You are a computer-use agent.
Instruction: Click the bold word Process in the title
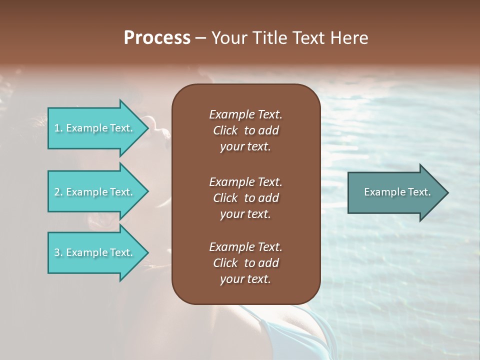pos(157,38)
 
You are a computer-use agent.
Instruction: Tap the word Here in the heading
pos(348,38)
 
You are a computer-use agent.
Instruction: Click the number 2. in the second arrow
pos(58,192)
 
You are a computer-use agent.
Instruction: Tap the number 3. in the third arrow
pos(58,252)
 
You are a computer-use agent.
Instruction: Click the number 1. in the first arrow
pos(58,128)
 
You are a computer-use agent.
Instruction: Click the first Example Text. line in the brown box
pos(245,114)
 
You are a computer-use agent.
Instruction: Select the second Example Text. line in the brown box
pos(245,181)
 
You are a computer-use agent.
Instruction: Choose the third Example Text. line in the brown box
pos(245,247)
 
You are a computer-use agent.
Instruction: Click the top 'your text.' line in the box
pos(245,147)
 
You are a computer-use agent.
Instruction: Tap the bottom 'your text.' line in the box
pos(245,279)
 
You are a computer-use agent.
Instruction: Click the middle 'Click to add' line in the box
pos(245,198)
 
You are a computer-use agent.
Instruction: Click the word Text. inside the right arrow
pos(418,192)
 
